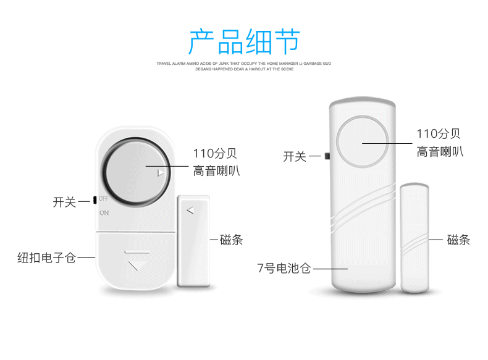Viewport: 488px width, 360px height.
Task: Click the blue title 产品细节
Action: point(244,42)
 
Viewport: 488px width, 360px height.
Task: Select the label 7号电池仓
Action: point(284,268)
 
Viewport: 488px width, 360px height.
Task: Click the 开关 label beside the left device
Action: point(64,202)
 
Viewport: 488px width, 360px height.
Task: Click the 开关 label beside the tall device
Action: point(295,157)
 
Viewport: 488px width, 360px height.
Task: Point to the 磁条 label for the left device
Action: point(232,240)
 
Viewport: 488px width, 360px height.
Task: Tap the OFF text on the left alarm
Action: point(103,199)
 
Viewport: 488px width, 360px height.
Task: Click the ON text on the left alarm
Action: point(104,212)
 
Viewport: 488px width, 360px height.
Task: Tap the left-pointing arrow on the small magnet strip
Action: point(190,210)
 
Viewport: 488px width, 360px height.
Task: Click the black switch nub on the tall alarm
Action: point(326,156)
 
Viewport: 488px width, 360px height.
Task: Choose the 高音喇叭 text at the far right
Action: point(439,151)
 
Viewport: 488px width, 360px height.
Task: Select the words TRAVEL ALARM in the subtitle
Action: point(171,64)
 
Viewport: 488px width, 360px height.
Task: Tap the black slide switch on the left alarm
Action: point(94,199)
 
